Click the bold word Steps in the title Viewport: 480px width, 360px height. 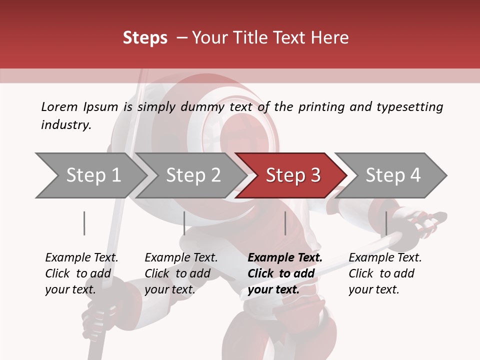pyautogui.click(x=145, y=38)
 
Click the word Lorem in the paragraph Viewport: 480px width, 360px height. pyautogui.click(x=59, y=106)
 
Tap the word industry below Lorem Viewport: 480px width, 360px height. pyautogui.click(x=66, y=125)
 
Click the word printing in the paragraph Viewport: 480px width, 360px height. pyautogui.click(x=321, y=106)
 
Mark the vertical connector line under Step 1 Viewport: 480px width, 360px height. pyautogui.click(x=84, y=223)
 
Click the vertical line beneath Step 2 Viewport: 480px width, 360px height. pyautogui.click(x=184, y=223)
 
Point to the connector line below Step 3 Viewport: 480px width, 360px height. pyautogui.click(x=285, y=223)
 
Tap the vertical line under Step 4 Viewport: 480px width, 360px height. pyautogui.click(x=386, y=223)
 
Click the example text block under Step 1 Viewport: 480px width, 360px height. pyautogui.click(x=81, y=273)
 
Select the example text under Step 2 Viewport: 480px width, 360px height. pyautogui.click(x=181, y=273)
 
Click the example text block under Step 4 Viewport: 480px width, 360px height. pyautogui.click(x=385, y=273)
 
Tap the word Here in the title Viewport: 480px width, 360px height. pyautogui.click(x=332, y=38)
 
